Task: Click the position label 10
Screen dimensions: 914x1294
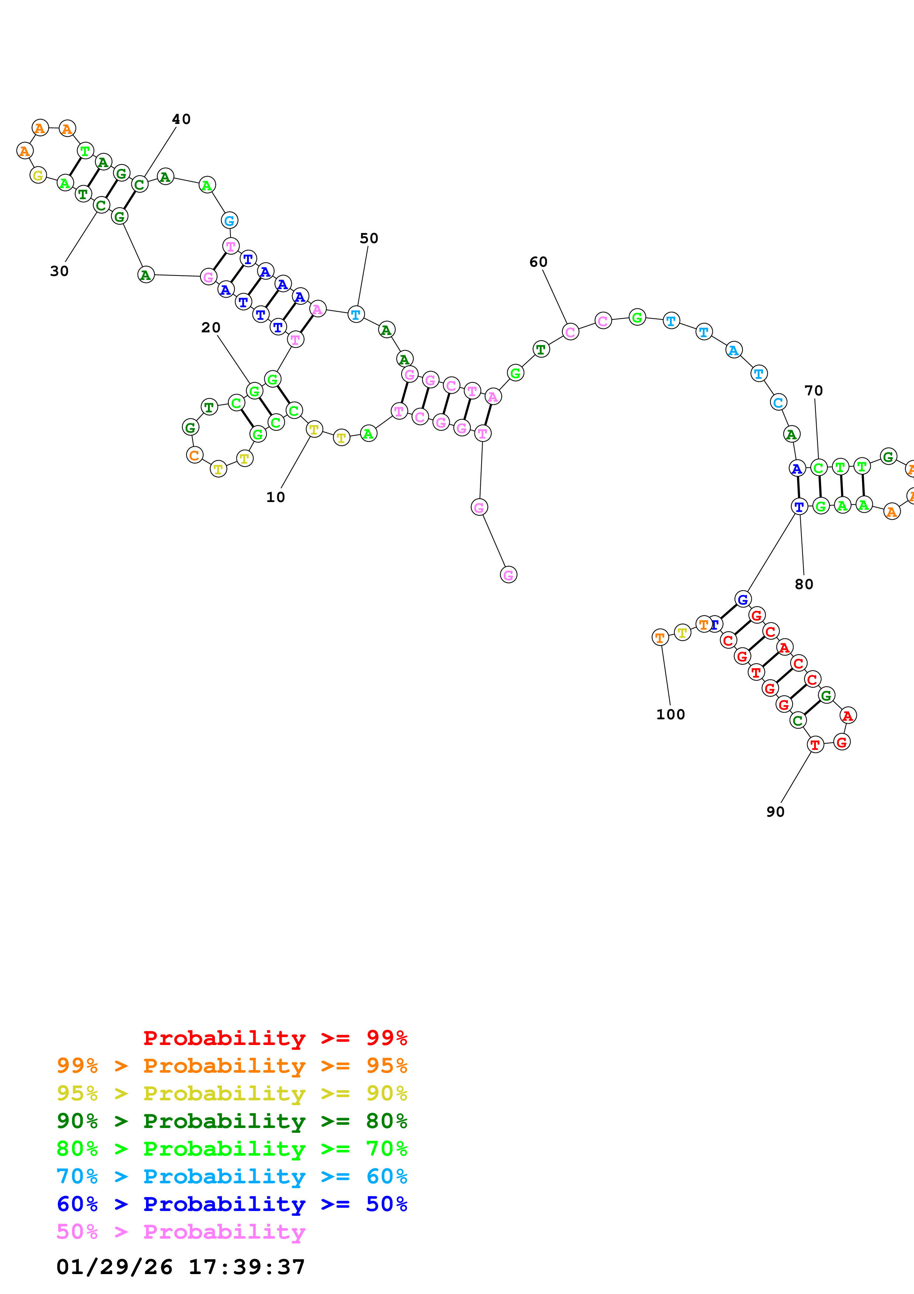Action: tap(275, 497)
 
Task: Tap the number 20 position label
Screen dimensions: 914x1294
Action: tap(211, 328)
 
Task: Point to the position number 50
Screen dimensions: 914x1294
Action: tap(369, 238)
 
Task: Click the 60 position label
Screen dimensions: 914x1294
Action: tap(538, 262)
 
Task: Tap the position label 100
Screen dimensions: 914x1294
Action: tap(670, 714)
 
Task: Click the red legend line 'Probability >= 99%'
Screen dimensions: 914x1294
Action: tap(275, 1038)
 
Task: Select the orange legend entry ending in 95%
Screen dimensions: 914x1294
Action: tap(232, 1065)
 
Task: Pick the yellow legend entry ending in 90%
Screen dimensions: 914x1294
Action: tap(232, 1093)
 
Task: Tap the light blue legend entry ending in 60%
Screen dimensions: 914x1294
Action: tap(232, 1176)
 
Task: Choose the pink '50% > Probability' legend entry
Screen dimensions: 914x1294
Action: tap(181, 1231)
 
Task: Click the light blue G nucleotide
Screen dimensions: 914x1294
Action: tap(229, 220)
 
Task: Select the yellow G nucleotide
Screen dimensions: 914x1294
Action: tap(38, 175)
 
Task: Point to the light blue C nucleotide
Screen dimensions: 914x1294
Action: tap(778, 402)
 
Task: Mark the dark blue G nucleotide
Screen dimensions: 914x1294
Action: tap(743, 599)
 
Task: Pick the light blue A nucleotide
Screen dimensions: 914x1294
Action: tap(733, 350)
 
